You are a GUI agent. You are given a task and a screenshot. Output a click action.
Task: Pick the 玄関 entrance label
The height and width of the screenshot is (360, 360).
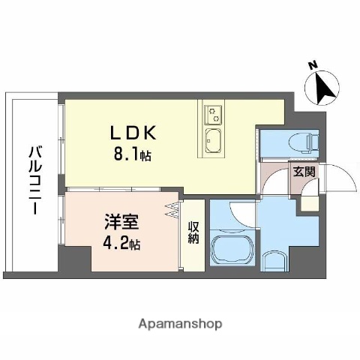tap(304, 172)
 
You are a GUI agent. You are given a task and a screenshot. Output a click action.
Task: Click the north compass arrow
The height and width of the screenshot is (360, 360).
tap(325, 88)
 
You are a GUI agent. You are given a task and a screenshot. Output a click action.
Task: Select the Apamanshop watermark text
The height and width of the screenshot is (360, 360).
tap(179, 325)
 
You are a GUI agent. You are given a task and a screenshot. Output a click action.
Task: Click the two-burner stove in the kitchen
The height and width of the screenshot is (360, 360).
tap(214, 114)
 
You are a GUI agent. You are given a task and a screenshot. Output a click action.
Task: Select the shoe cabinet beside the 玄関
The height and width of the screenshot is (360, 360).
tap(309, 202)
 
